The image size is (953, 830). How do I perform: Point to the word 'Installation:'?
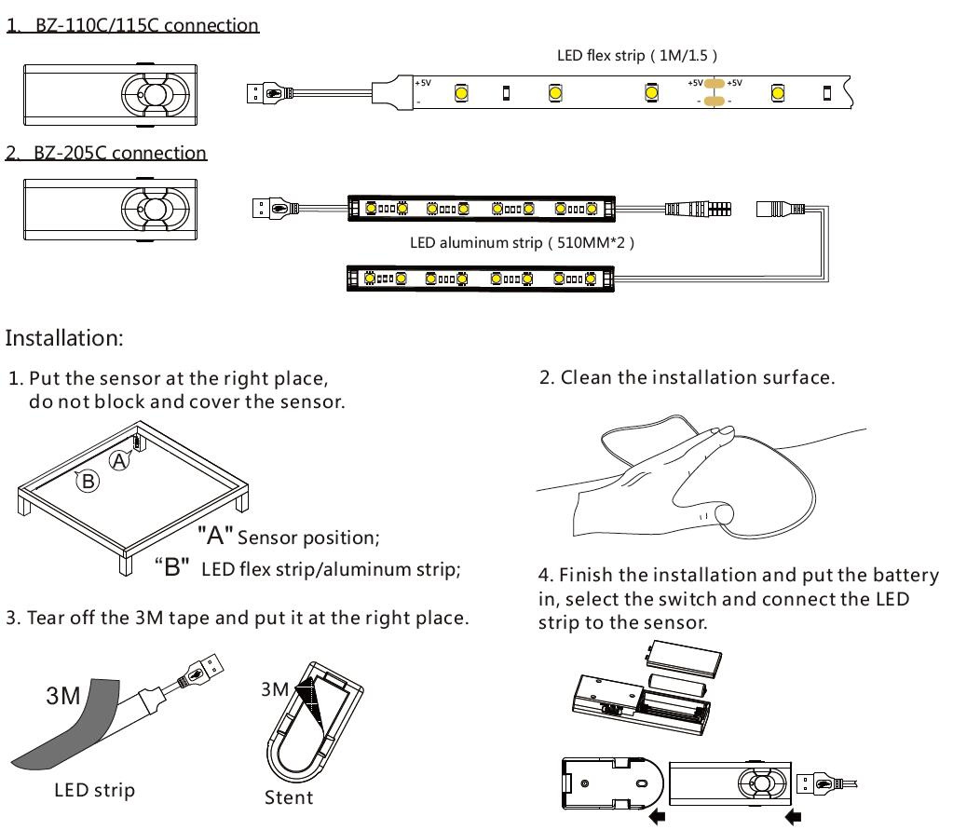click(x=63, y=337)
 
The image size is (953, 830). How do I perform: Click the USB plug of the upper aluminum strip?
click(x=271, y=209)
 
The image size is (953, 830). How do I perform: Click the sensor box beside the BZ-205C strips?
click(x=115, y=209)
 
